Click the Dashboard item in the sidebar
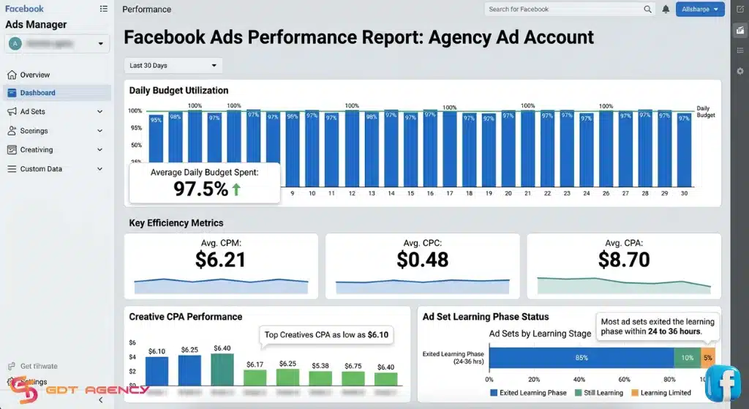click(37, 93)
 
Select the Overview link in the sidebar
click(34, 75)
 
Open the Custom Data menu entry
click(41, 169)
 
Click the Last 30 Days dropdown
click(173, 65)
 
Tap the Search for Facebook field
click(563, 10)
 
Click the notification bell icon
click(666, 10)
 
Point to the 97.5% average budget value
click(200, 189)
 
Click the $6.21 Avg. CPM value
click(221, 259)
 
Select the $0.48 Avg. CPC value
click(422, 259)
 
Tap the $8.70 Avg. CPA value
click(623, 259)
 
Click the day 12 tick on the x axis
click(352, 194)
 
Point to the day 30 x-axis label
click(684, 194)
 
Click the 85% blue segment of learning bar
click(581, 358)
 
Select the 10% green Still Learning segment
click(687, 358)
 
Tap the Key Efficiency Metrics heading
click(176, 222)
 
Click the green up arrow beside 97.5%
click(236, 190)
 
